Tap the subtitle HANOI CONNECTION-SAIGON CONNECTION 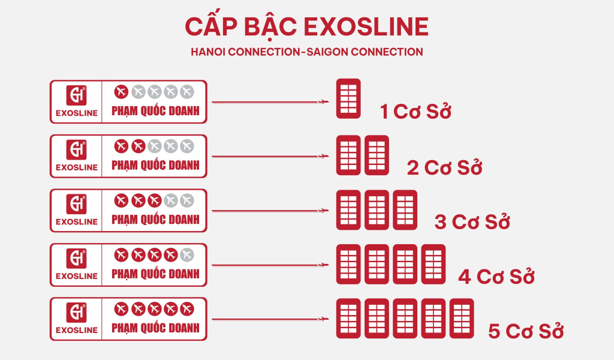(x=306, y=52)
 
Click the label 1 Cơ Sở (x=416, y=111)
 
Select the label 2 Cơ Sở (x=444, y=167)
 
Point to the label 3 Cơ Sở (x=472, y=222)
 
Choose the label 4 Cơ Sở (x=496, y=277)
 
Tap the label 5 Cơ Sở (x=526, y=331)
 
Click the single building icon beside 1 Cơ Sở (x=348, y=99)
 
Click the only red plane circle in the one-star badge (x=121, y=92)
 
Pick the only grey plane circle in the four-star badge (x=187, y=255)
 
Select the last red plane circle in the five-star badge (x=187, y=309)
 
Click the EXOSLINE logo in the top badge (x=76, y=101)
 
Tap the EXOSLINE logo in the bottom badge (x=76, y=319)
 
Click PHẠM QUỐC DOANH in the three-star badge (x=155, y=220)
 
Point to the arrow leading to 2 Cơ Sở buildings (x=270, y=157)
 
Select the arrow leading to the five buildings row (x=270, y=319)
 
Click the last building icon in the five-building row (x=462, y=319)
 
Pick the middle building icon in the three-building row (x=377, y=210)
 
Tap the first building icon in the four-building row (x=348, y=265)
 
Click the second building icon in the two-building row (x=377, y=155)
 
